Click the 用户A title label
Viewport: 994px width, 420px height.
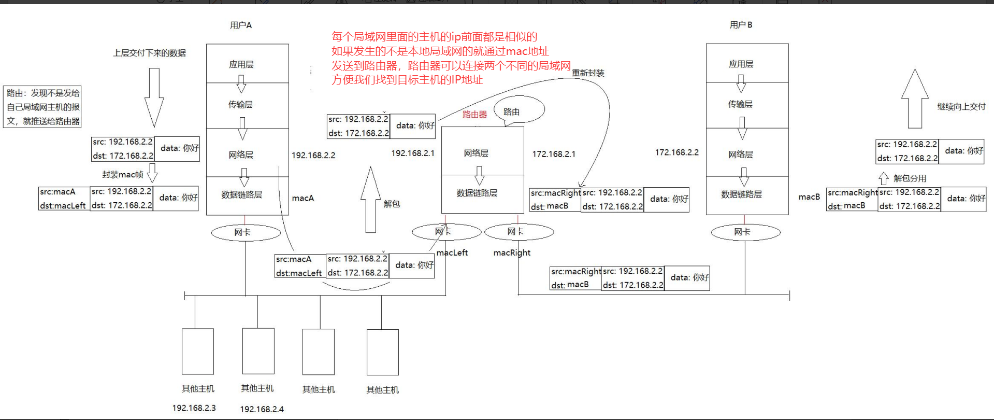pos(240,25)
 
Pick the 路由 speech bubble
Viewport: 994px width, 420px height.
pos(518,110)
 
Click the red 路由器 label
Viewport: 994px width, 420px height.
pos(474,115)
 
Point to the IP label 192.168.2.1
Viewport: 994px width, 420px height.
pos(412,153)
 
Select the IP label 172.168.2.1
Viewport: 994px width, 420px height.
pos(553,154)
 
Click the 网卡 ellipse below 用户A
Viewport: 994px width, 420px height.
pos(246,232)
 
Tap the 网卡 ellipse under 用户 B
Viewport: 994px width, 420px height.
pos(745,232)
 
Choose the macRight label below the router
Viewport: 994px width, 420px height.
pos(512,253)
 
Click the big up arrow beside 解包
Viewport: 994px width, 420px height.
pos(370,200)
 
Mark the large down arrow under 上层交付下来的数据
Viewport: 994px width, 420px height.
pos(154,96)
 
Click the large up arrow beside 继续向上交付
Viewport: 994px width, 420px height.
pos(915,98)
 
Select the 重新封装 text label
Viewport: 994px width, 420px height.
pos(588,73)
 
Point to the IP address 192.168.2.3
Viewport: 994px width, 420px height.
pos(194,408)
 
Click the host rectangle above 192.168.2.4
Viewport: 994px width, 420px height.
pos(258,351)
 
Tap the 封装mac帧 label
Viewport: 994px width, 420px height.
pos(122,175)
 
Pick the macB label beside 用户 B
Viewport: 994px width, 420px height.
pos(809,197)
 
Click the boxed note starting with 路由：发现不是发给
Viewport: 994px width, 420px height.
pos(43,107)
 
